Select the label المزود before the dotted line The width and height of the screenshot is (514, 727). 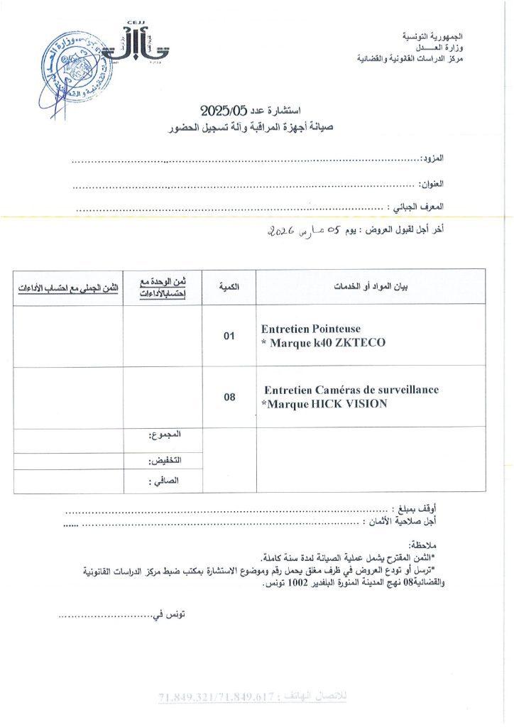[434, 157]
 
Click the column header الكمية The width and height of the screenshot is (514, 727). [229, 287]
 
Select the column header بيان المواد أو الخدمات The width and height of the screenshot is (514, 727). [371, 287]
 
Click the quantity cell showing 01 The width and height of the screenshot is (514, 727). [229, 337]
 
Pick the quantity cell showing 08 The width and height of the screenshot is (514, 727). [229, 397]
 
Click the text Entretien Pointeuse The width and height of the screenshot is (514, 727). [311, 329]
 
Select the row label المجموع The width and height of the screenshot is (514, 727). [166, 434]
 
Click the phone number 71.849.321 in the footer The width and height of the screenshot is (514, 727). [184, 698]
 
